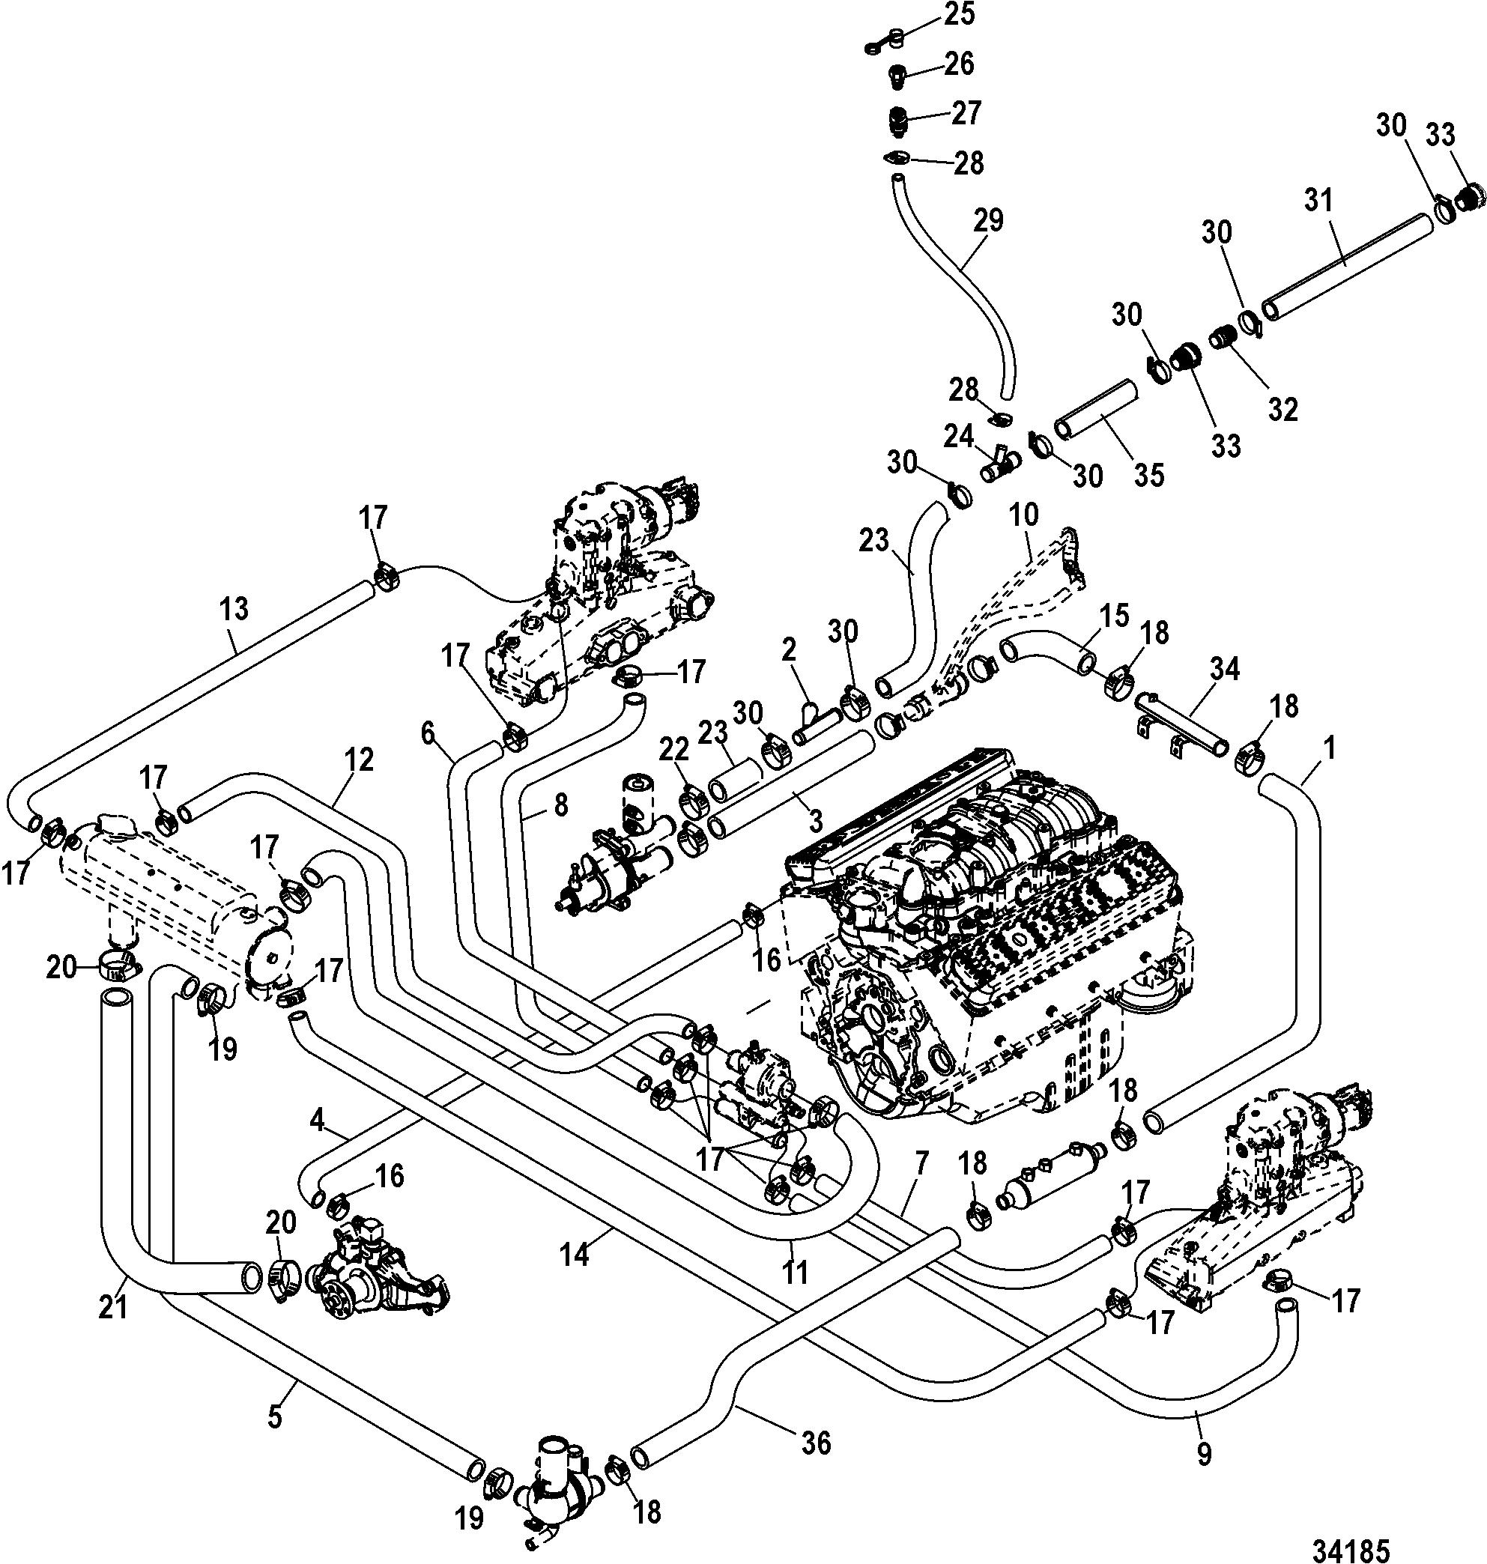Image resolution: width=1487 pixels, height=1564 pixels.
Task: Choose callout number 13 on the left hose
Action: click(x=234, y=608)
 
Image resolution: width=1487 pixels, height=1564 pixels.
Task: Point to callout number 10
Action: click(x=1024, y=515)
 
